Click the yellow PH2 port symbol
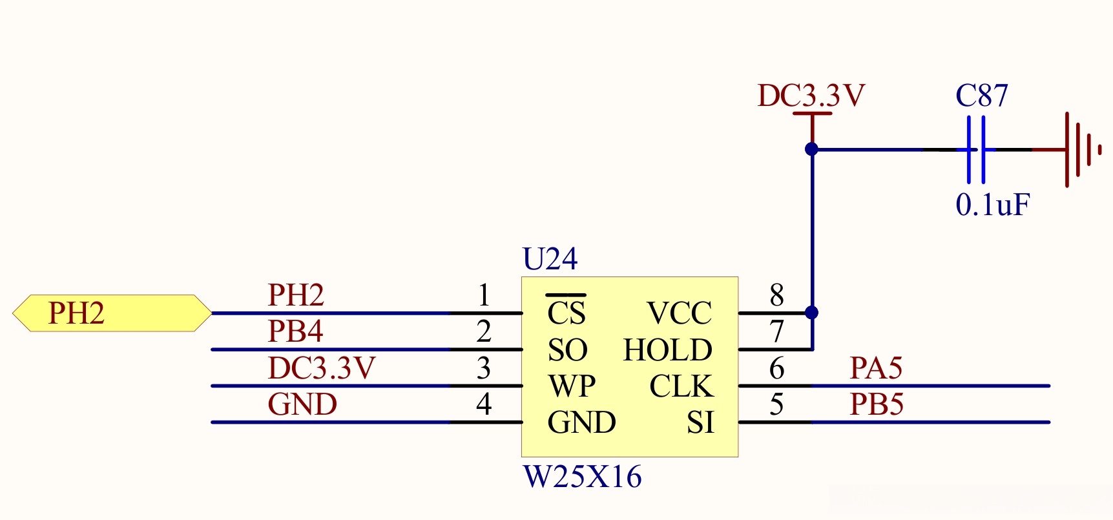(112, 313)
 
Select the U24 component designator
(550, 259)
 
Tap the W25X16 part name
(582, 477)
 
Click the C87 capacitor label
(981, 96)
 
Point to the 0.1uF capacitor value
(992, 205)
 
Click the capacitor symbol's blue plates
(975, 149)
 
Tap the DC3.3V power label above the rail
(811, 96)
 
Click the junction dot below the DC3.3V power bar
(812, 149)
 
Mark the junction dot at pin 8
(812, 313)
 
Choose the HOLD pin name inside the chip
(667, 350)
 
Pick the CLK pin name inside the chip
(681, 386)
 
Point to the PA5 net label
(876, 368)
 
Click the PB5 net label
(876, 404)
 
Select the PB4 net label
(295, 331)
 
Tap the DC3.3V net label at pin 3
(321, 368)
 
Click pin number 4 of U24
(484, 404)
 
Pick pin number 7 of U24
(777, 332)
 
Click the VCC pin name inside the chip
(679, 313)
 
